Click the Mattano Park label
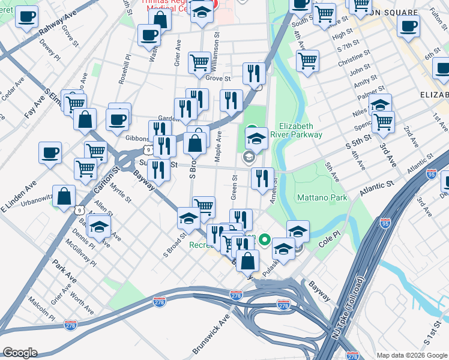(x=322, y=197)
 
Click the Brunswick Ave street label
(x=211, y=334)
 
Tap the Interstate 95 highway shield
(x=431, y=174)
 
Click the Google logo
(x=19, y=353)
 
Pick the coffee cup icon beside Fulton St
(x=408, y=26)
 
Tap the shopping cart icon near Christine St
(x=307, y=60)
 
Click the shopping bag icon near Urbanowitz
(x=65, y=196)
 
